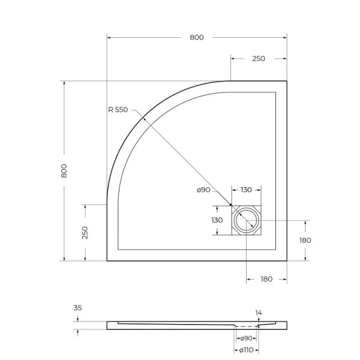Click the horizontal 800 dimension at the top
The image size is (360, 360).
tap(197, 37)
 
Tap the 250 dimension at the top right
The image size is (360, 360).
tap(259, 59)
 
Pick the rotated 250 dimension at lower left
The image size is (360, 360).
tap(85, 232)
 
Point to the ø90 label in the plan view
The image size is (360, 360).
tap(203, 190)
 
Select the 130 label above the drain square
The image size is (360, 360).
tap(246, 190)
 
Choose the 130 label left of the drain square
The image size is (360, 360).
tap(217, 220)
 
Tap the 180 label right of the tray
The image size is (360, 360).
tap(305, 240)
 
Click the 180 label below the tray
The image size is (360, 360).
tap(266, 279)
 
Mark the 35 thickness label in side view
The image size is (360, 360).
tap(77, 308)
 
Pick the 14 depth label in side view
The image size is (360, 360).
tap(259, 313)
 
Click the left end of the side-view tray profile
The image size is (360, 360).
tap(109, 325)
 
